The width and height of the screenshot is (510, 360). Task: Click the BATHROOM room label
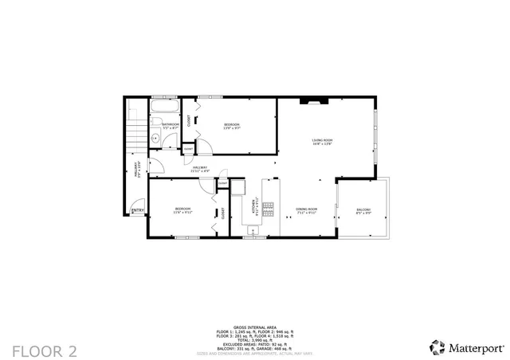171,125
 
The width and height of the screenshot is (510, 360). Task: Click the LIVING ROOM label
322,142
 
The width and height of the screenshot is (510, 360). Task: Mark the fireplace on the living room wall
312,101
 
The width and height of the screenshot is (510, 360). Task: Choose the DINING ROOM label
307,212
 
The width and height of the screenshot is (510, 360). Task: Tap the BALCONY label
363,211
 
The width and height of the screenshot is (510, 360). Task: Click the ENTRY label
138,211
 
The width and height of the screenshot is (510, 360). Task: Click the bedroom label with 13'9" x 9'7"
232,126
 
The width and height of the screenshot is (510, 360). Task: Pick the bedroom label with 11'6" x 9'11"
182,211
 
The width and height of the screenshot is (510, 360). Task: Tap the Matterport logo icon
437,347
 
